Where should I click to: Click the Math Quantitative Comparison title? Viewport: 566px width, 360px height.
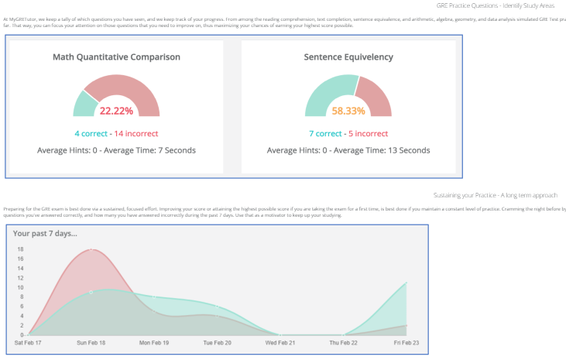[116, 57]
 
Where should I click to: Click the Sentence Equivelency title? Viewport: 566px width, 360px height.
[348, 57]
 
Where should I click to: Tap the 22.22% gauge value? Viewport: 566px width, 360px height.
[116, 111]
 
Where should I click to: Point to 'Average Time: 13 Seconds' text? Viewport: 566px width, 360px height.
[383, 150]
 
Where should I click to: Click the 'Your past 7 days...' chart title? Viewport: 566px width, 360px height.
[45, 233]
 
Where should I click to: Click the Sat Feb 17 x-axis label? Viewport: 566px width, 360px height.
[29, 341]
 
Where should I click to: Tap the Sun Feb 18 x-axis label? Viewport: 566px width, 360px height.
[91, 341]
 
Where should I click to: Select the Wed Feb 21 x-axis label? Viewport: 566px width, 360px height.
[280, 341]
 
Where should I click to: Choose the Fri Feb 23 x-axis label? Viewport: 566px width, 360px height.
[406, 341]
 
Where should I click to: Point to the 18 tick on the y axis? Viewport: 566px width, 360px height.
[20, 249]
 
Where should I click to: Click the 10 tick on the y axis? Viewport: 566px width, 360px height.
[20, 287]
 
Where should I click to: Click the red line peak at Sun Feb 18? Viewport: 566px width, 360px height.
[91, 249]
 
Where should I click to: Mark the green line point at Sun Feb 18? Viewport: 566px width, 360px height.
[91, 292]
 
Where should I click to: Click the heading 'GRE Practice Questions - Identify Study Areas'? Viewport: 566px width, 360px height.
[500, 5]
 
